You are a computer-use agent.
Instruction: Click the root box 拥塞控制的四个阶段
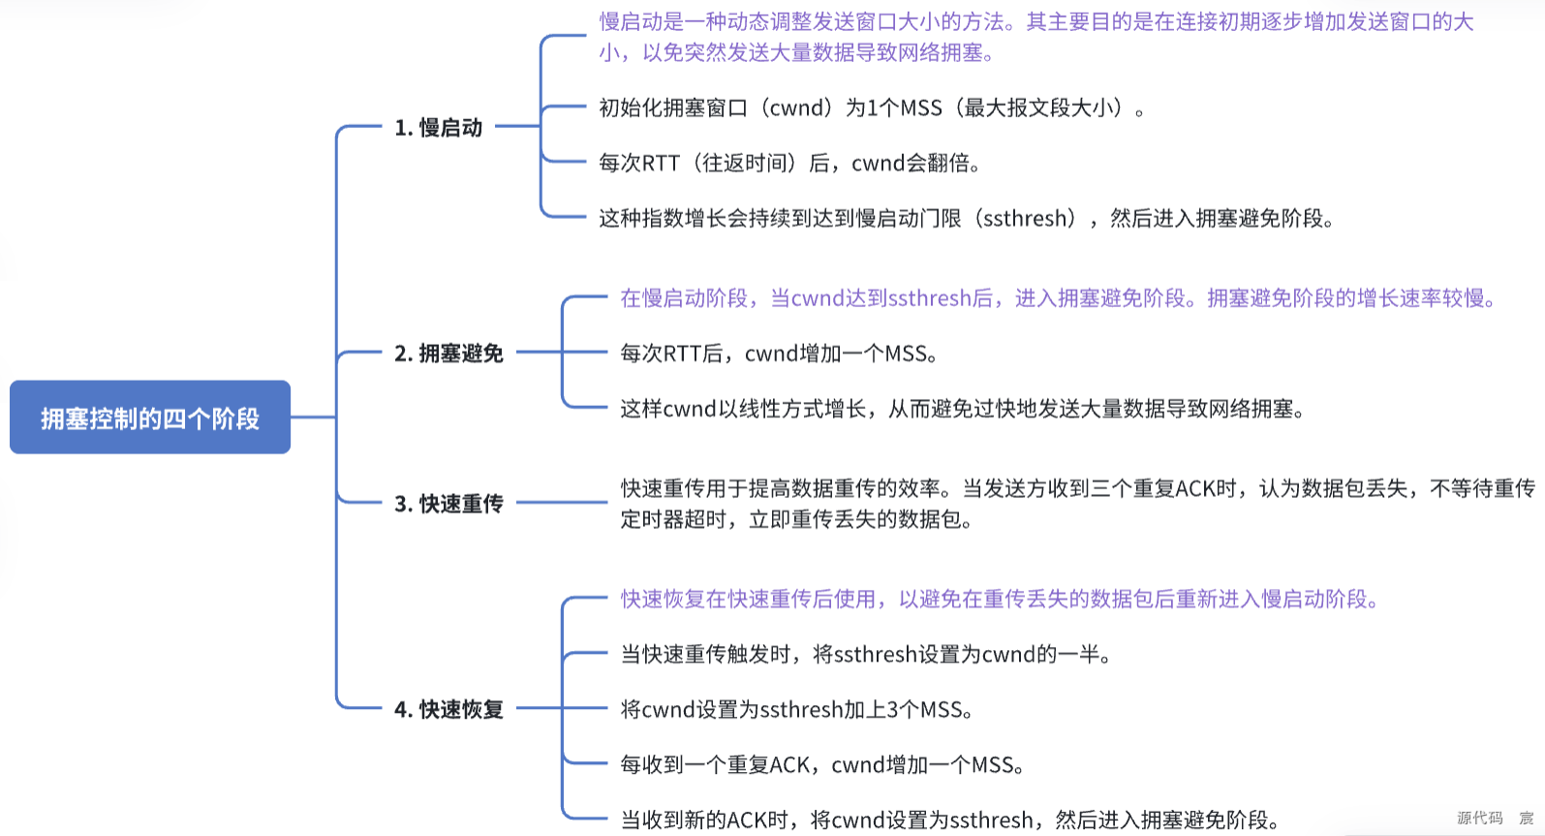(x=150, y=418)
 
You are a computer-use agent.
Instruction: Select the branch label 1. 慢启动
(x=438, y=127)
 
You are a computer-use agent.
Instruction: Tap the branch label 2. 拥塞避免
(x=448, y=354)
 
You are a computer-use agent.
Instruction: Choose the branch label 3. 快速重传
(x=448, y=504)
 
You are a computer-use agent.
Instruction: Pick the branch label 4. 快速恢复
(x=448, y=709)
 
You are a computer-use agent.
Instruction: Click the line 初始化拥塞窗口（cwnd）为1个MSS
(x=870, y=108)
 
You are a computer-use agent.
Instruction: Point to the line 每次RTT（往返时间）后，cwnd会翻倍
(x=788, y=163)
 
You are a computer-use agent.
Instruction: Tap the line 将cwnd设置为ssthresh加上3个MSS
(x=796, y=709)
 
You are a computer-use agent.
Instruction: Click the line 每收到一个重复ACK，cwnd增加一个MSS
(x=821, y=764)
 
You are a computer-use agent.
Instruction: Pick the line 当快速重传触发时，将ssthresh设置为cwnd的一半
(x=865, y=654)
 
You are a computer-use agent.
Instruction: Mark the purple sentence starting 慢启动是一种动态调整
(x=1035, y=37)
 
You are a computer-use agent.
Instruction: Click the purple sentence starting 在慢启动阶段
(x=1057, y=298)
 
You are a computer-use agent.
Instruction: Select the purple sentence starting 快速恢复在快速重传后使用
(x=999, y=599)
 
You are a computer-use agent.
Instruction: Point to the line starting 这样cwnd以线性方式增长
(x=962, y=409)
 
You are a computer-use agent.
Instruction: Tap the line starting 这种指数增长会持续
(x=965, y=218)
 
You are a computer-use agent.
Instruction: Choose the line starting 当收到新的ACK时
(x=949, y=820)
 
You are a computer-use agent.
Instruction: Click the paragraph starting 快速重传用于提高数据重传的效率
(x=1077, y=504)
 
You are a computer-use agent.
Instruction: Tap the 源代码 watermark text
(x=1479, y=818)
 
